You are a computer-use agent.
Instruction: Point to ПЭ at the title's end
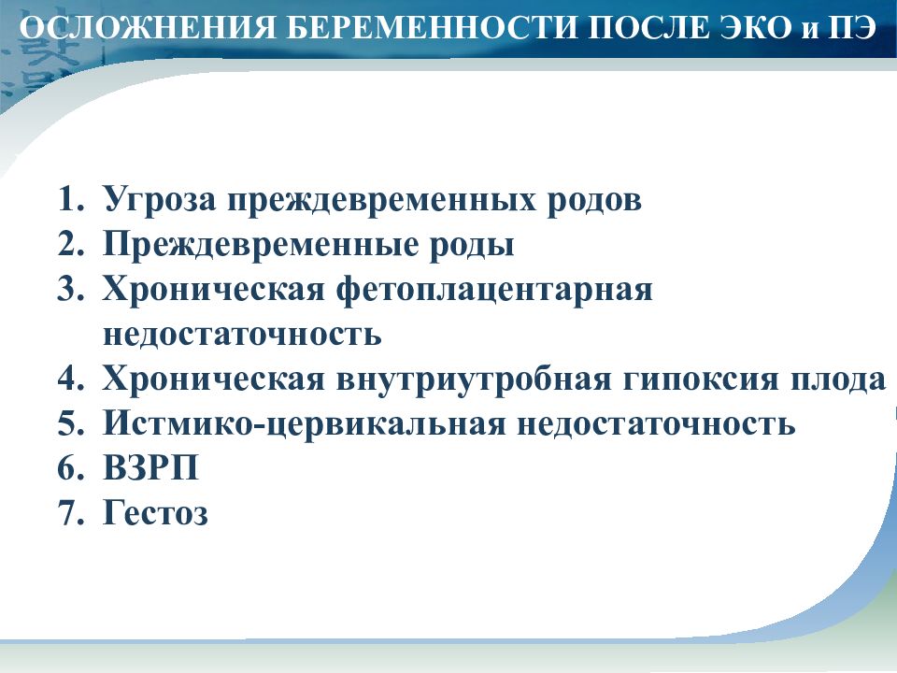[853, 28]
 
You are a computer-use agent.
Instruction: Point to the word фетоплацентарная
[493, 290]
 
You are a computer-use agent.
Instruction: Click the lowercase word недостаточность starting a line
[243, 335]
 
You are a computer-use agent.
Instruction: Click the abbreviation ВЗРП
[151, 467]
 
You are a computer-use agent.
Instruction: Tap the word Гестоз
[156, 512]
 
